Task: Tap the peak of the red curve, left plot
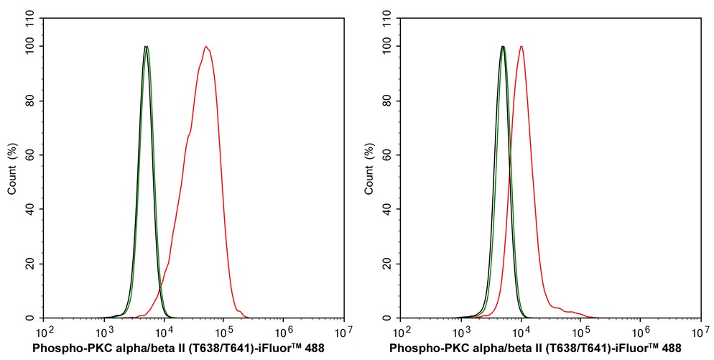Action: tap(206, 47)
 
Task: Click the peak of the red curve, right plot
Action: tap(521, 47)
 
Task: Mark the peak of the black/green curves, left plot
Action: tap(146, 47)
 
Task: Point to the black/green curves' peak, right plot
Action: tap(503, 47)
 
